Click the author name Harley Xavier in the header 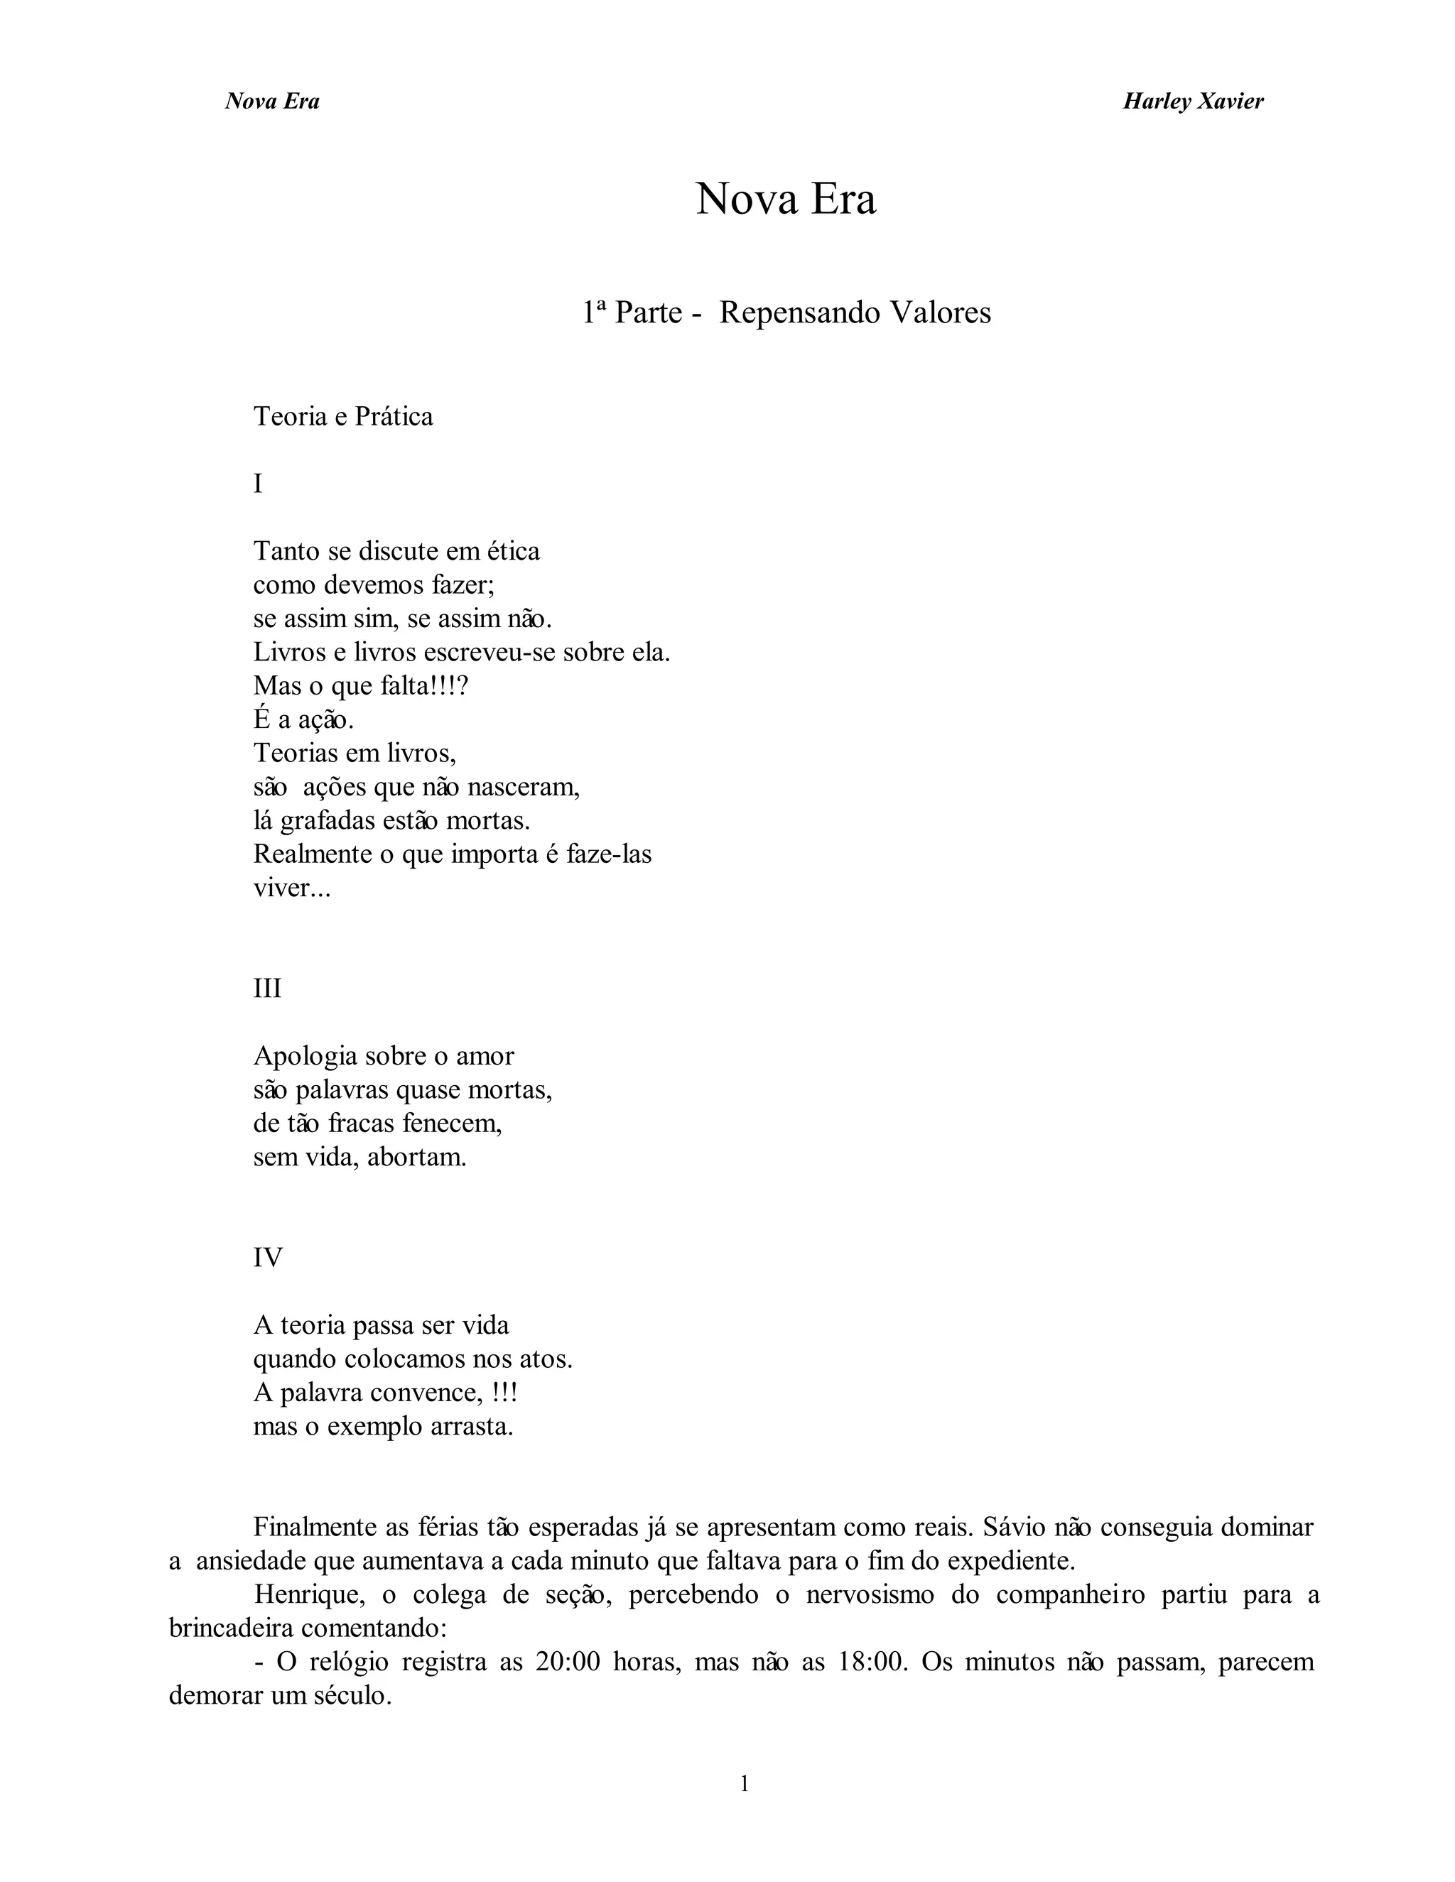(x=1193, y=102)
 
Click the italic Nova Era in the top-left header (x=272, y=102)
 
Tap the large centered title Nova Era (x=785, y=199)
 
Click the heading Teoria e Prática (x=343, y=416)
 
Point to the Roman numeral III (x=267, y=988)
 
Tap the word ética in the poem (x=513, y=550)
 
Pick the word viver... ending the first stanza (x=291, y=888)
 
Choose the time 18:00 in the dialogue (x=873, y=1661)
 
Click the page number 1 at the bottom (x=745, y=1785)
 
